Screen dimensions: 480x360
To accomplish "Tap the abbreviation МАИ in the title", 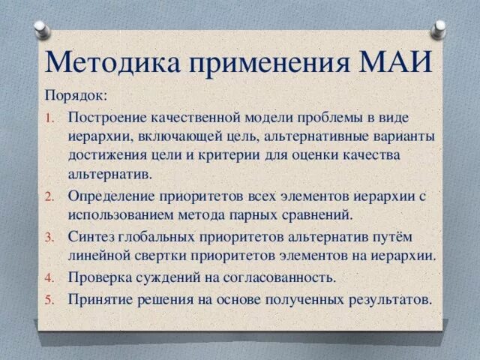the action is tap(395, 61).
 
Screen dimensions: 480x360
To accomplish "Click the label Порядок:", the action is tap(76, 96).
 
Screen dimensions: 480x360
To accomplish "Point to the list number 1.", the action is tap(50, 118).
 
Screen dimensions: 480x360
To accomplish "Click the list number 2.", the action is tap(49, 196).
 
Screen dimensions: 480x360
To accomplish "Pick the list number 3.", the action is tap(49, 237).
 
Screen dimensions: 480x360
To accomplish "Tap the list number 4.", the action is tap(49, 277).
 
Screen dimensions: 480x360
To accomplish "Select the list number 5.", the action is tap(49, 299).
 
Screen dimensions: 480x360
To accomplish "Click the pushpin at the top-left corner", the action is tap(42, 30).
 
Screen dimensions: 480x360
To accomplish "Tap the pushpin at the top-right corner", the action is tap(438, 30).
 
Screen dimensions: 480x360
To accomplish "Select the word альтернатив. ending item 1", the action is tap(110, 175).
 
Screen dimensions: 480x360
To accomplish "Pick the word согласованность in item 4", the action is tap(278, 277).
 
